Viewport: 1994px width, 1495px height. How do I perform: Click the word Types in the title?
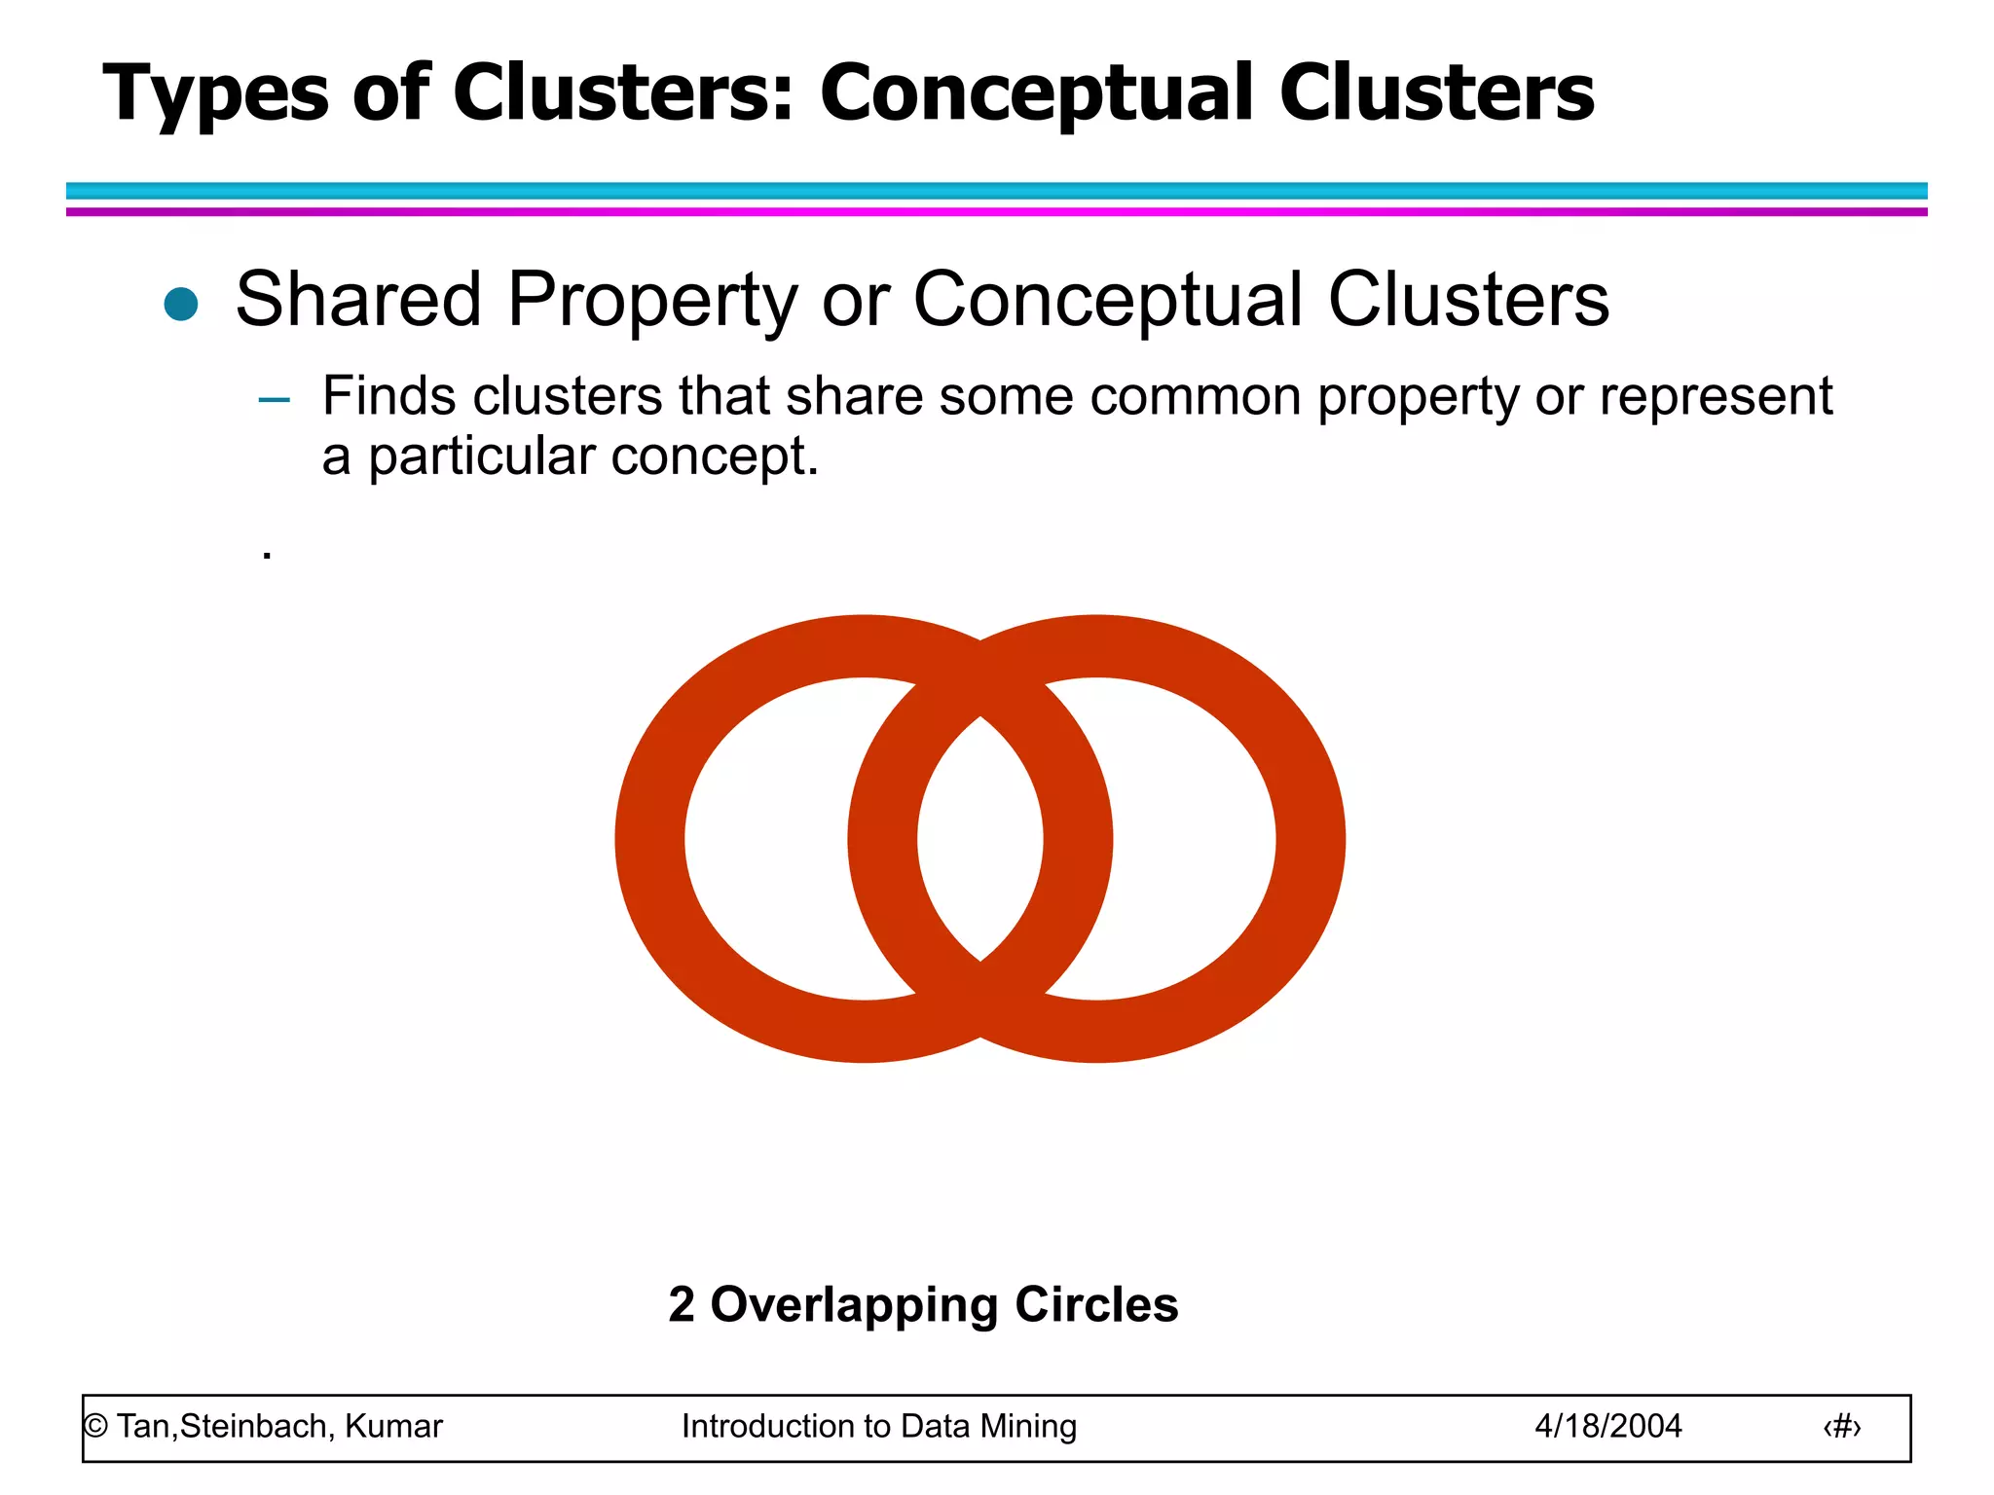[x=216, y=94]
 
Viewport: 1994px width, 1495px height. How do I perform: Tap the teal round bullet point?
[x=181, y=304]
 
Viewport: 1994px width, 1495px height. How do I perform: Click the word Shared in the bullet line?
[x=358, y=299]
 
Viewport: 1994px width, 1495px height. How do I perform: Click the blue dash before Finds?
[x=275, y=399]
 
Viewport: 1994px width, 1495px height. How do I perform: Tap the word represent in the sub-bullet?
[x=1716, y=398]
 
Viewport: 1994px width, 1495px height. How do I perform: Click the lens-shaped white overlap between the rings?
[x=979, y=839]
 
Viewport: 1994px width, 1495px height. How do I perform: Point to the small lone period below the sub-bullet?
[x=267, y=556]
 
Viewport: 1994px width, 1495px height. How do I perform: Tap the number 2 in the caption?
[x=682, y=1305]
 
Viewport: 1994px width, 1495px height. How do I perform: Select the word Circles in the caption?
[x=1096, y=1305]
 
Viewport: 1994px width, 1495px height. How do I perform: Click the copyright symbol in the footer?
[x=95, y=1427]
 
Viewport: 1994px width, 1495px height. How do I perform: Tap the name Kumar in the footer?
[x=393, y=1427]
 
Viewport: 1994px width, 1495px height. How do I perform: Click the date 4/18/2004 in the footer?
[x=1607, y=1427]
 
